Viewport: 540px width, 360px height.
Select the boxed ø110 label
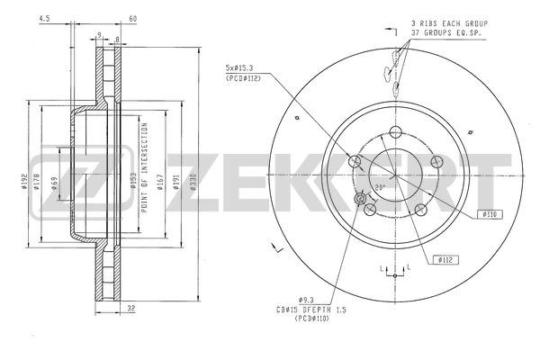490,214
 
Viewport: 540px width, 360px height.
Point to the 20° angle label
381,188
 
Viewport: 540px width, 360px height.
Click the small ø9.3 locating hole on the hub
363,200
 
